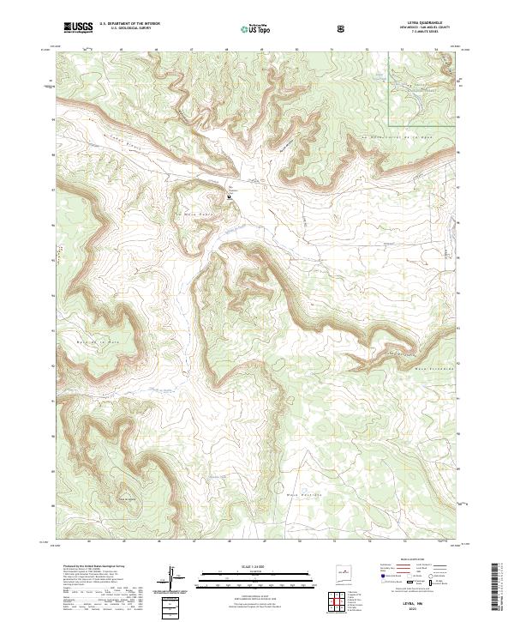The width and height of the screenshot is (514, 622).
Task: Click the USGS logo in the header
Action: (78, 28)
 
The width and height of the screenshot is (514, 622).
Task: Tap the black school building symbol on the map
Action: (230, 196)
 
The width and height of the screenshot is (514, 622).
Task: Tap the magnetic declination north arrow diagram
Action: (174, 577)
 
